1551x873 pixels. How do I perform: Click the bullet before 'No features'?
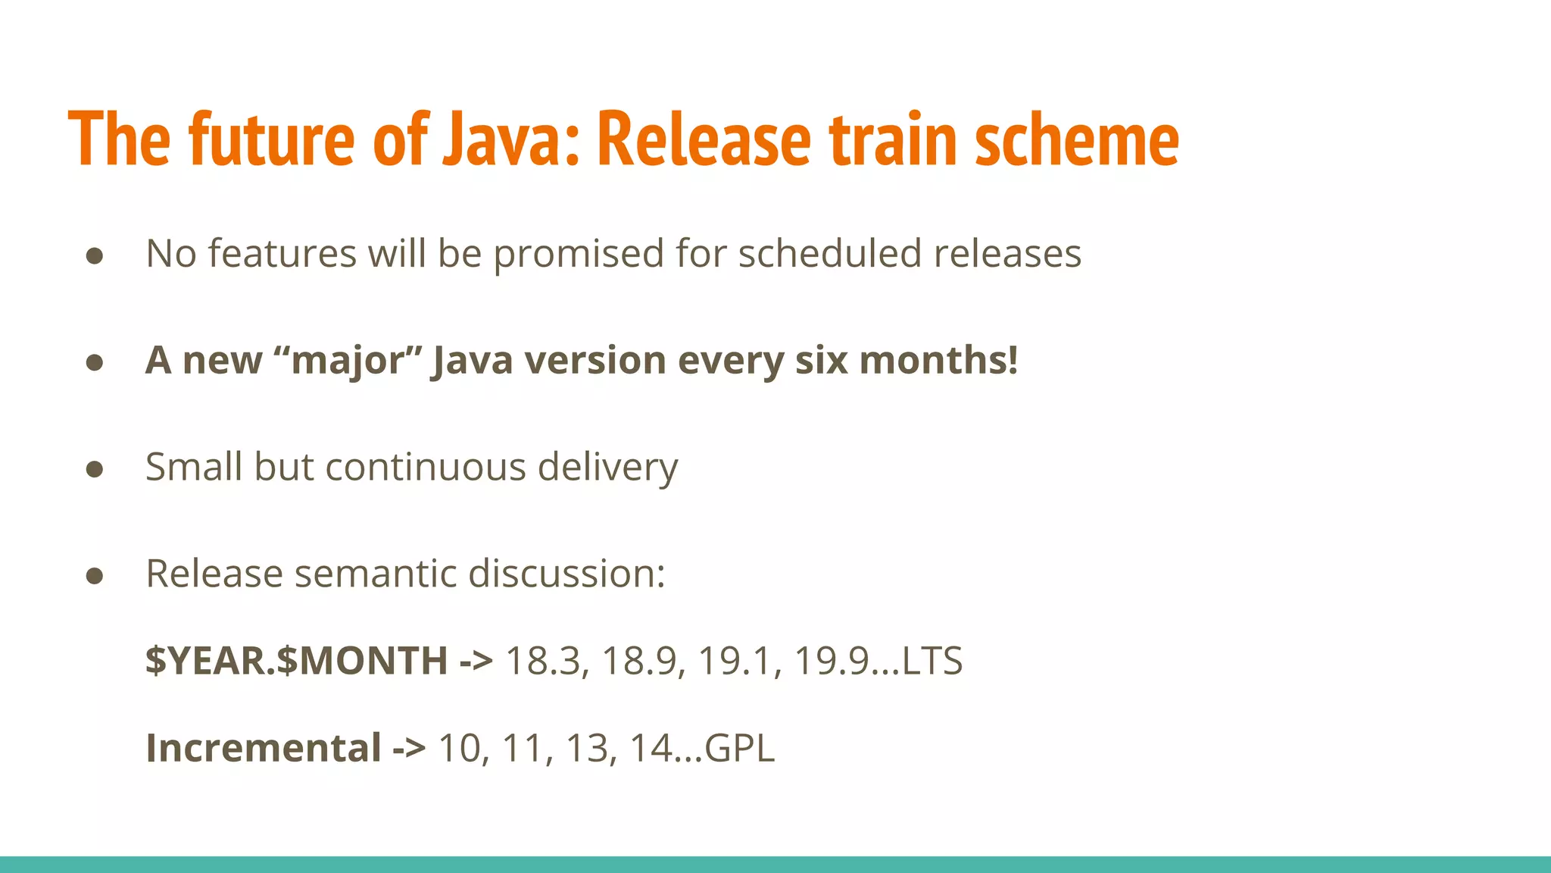click(x=95, y=255)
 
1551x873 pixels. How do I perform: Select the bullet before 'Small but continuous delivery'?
click(x=95, y=469)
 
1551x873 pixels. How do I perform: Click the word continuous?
click(x=425, y=467)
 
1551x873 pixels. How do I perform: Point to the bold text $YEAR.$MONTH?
click(x=296, y=661)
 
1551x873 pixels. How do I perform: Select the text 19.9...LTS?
click(x=878, y=661)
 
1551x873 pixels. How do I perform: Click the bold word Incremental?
click(x=263, y=749)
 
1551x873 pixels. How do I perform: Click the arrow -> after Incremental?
click(x=409, y=749)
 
